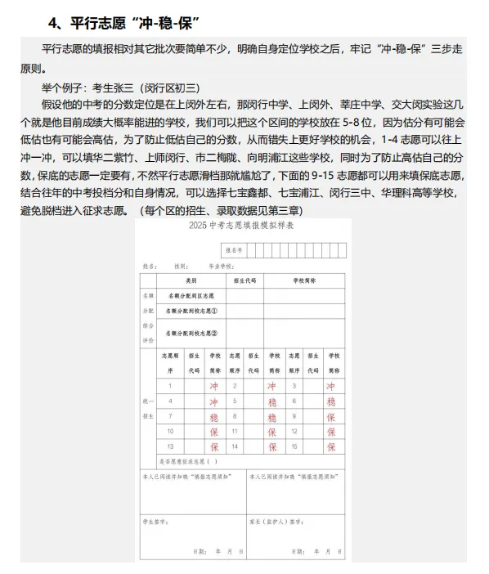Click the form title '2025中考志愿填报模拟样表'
(x=243, y=226)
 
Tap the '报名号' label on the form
(x=233, y=249)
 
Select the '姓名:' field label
(x=150, y=266)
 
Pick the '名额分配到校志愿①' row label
(x=191, y=311)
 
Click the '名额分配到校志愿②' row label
(x=191, y=333)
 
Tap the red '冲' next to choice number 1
(x=214, y=386)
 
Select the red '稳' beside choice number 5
(x=272, y=401)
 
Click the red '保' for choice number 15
(x=331, y=447)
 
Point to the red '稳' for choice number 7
(x=214, y=417)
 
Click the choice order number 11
(x=235, y=432)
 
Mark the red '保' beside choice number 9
(x=331, y=417)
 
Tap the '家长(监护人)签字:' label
(x=271, y=519)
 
